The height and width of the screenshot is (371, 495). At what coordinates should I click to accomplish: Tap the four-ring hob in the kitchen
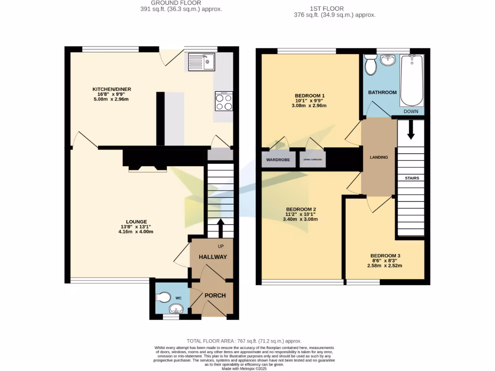(x=223, y=101)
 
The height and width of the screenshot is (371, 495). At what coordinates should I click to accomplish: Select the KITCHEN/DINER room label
(x=112, y=89)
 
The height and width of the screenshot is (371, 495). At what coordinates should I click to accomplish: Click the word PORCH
(x=215, y=296)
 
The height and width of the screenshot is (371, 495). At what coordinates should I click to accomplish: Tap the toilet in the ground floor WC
(x=163, y=297)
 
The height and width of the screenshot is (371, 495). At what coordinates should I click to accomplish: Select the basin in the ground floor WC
(x=175, y=309)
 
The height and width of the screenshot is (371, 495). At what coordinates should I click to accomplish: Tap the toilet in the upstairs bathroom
(x=371, y=65)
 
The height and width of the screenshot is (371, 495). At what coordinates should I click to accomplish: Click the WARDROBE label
(x=278, y=160)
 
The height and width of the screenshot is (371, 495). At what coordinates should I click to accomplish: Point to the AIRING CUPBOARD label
(x=312, y=160)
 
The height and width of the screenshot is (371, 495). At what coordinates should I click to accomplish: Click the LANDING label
(x=379, y=157)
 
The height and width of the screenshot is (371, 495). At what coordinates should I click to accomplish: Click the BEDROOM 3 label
(x=385, y=256)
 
